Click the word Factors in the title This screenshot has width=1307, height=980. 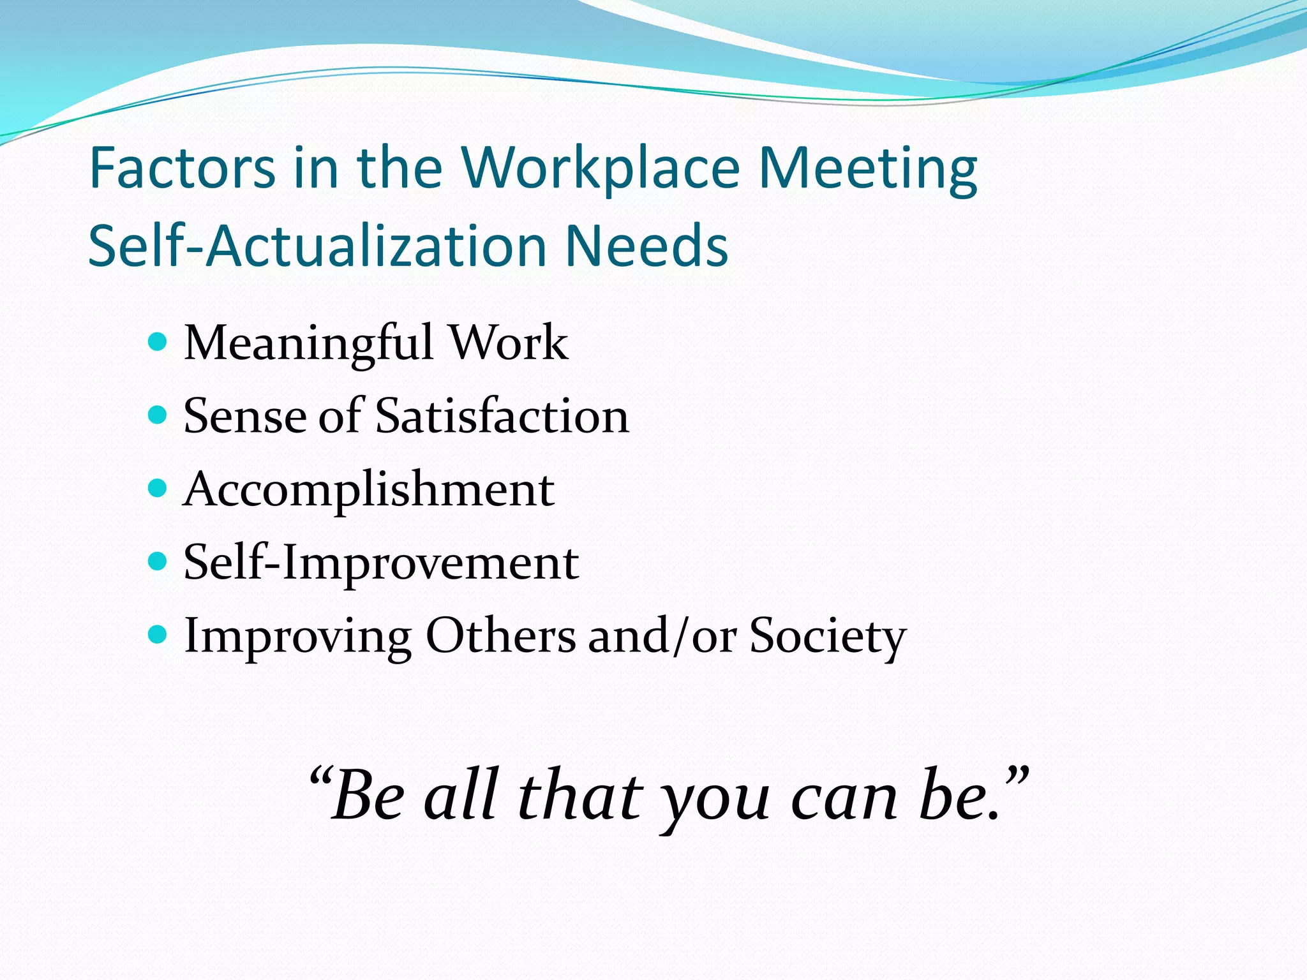pyautogui.click(x=183, y=168)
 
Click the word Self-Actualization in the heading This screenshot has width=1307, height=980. pyautogui.click(x=317, y=246)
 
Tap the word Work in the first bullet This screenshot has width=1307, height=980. pyautogui.click(x=509, y=343)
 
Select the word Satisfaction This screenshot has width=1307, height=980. pyautogui.click(x=502, y=416)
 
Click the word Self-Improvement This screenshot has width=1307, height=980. pyautogui.click(x=381, y=563)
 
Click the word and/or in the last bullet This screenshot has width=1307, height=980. pyautogui.click(x=662, y=636)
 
